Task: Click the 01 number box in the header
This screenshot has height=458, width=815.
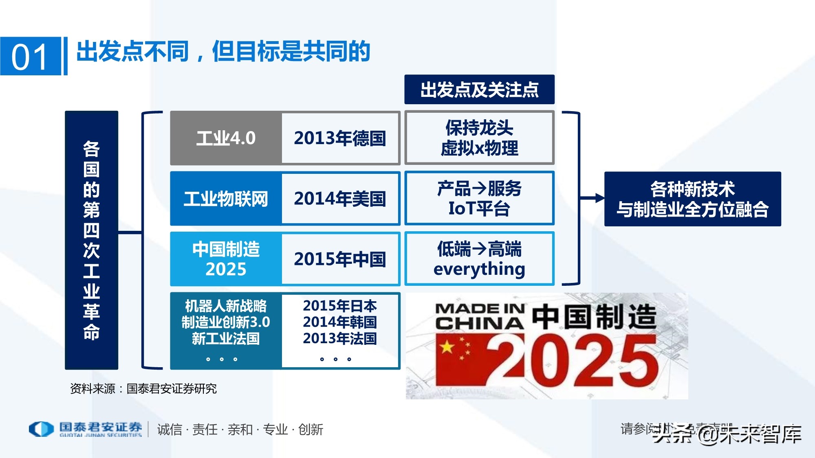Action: [31, 56]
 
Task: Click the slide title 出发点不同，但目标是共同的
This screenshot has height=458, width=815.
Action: [223, 52]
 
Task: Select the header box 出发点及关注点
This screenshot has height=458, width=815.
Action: [479, 90]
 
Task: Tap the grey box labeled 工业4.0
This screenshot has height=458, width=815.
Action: [226, 138]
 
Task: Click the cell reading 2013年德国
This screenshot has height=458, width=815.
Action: [340, 138]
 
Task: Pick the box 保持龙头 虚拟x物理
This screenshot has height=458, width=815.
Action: [479, 138]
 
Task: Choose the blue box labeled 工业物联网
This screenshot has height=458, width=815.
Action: [226, 199]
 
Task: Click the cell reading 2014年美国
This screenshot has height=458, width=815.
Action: [340, 199]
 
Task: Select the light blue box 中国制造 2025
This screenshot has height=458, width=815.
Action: [226, 259]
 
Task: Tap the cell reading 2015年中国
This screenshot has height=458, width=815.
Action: [340, 259]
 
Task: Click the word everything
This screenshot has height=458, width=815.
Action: [479, 270]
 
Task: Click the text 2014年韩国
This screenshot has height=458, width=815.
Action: [340, 322]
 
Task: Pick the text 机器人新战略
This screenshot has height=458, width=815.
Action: [226, 306]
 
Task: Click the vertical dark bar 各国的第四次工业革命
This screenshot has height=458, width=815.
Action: [91, 240]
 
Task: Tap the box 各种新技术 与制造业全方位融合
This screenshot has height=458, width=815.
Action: [692, 199]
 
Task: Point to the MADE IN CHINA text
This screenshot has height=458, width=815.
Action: [480, 316]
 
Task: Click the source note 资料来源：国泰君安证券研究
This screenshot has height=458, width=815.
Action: [143, 389]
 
